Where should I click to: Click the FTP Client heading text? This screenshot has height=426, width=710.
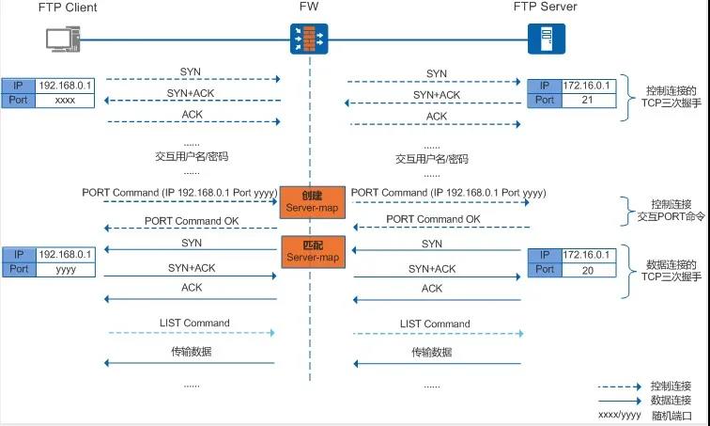[x=67, y=8]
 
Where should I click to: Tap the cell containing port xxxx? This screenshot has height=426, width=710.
[x=64, y=99]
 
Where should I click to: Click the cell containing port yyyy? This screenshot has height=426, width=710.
[x=64, y=269]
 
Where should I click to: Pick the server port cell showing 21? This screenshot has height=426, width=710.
[x=587, y=100]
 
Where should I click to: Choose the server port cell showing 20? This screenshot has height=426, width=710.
[x=587, y=269]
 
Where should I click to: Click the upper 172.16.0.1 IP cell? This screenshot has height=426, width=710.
[x=587, y=86]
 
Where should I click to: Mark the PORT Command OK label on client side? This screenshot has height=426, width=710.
[x=191, y=221]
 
